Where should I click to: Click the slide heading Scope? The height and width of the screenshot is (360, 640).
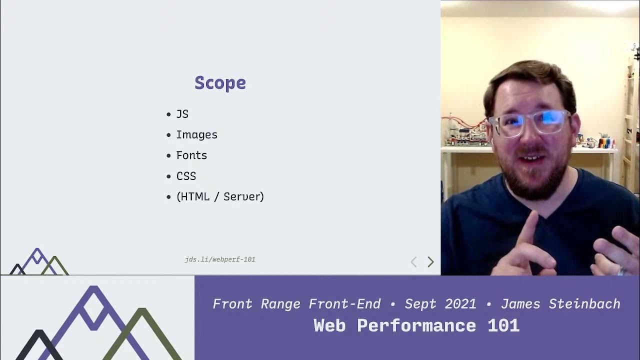(x=220, y=83)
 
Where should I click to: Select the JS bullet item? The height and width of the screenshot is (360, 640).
(x=182, y=114)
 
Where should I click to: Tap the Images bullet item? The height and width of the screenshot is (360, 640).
(x=196, y=135)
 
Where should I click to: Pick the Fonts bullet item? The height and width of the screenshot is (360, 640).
(x=191, y=155)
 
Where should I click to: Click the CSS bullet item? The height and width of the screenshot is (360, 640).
(x=186, y=176)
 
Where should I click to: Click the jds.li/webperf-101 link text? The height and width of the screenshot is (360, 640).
(x=220, y=259)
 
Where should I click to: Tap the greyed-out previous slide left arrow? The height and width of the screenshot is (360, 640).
(x=413, y=262)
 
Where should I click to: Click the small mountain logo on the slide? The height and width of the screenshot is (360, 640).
(x=38, y=262)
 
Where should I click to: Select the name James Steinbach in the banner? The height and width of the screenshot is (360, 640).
(x=560, y=304)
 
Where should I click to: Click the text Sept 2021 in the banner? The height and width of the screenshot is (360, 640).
(x=440, y=304)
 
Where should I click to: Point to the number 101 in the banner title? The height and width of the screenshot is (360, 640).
(x=503, y=326)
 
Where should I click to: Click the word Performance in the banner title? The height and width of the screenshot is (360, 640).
(x=417, y=326)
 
